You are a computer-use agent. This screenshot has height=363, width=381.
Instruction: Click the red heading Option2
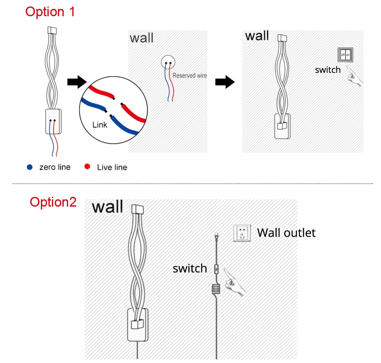(x=53, y=202)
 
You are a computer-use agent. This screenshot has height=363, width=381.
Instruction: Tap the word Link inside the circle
(x=100, y=125)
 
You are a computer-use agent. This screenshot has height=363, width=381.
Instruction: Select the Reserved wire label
(x=189, y=75)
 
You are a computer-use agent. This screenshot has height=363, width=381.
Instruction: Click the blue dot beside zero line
(x=30, y=167)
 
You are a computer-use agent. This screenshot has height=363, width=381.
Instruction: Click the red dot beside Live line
(x=87, y=167)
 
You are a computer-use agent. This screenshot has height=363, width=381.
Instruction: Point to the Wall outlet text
(x=286, y=233)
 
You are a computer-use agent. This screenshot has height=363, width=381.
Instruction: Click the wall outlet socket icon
(x=242, y=233)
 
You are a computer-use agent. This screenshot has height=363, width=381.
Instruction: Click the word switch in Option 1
(x=327, y=70)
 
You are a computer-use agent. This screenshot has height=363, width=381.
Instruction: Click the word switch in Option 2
(x=190, y=268)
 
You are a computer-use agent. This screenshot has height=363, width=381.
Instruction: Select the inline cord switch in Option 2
(x=216, y=268)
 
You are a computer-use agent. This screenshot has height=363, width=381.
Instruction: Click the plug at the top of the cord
(x=216, y=237)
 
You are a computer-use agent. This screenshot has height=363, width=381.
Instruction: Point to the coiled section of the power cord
(x=216, y=288)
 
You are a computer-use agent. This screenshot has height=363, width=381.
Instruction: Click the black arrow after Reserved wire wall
(x=225, y=81)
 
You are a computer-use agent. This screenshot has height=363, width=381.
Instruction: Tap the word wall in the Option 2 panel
(x=107, y=207)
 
